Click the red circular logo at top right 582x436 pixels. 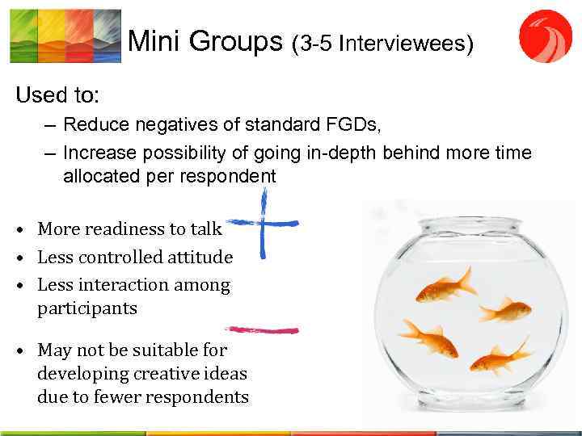[x=545, y=36]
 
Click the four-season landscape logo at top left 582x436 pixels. [x=65, y=36]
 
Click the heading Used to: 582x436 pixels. [x=57, y=95]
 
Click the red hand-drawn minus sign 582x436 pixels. [x=262, y=329]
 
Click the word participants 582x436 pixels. [x=87, y=308]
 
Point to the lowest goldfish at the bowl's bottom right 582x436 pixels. [x=500, y=356]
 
